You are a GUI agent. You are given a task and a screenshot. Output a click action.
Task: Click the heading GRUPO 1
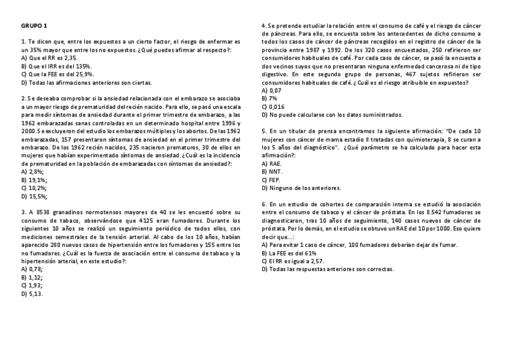point(34,26)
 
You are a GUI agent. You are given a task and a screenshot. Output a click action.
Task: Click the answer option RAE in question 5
point(272,163)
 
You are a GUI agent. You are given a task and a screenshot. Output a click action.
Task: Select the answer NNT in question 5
point(272,171)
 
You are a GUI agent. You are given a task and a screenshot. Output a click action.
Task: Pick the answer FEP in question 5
point(272,180)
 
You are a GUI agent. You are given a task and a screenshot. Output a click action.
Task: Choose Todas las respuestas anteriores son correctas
point(328,269)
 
